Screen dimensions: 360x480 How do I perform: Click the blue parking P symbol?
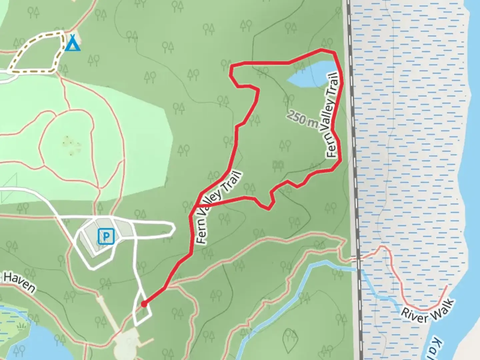click(x=106, y=237)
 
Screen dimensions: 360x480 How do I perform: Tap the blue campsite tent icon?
click(x=72, y=43)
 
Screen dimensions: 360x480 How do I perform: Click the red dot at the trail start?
click(x=144, y=304)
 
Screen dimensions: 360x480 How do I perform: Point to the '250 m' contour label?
click(x=302, y=119)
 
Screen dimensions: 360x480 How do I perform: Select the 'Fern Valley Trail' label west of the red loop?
click(x=218, y=207)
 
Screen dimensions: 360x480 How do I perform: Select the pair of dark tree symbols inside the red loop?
click(x=278, y=165)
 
